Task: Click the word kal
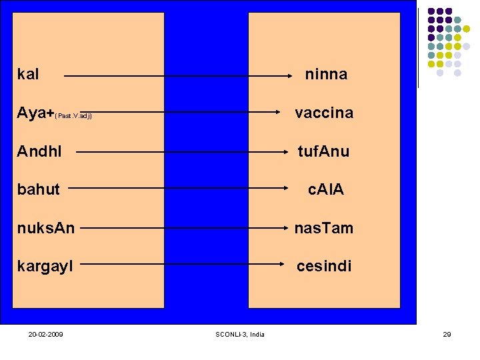[x=28, y=74]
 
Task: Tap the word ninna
[x=326, y=74]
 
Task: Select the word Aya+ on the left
[x=35, y=113]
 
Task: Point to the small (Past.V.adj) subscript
[x=74, y=116]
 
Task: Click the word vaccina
[x=324, y=113]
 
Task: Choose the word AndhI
[x=39, y=151]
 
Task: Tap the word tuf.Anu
[x=323, y=151]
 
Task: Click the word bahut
[x=39, y=189]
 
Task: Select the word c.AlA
[x=325, y=189]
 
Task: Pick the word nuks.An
[x=46, y=228]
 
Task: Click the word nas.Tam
[x=324, y=228]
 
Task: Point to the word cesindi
[x=324, y=266]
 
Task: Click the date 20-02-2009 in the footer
[x=46, y=334]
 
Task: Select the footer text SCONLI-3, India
[x=240, y=334]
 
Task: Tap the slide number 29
[x=447, y=334]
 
